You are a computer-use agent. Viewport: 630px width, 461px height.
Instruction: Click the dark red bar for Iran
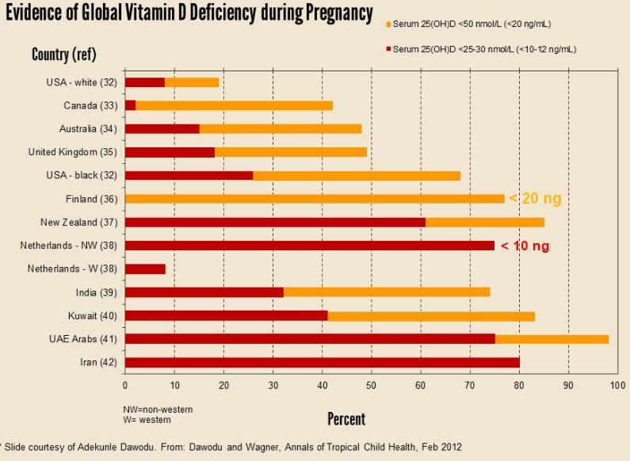pyautogui.click(x=322, y=362)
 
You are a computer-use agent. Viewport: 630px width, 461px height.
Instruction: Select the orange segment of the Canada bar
pyautogui.click(x=234, y=105)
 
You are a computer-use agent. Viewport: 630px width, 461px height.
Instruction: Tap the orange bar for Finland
pyautogui.click(x=315, y=199)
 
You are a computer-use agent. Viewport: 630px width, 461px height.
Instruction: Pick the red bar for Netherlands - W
pyautogui.click(x=145, y=269)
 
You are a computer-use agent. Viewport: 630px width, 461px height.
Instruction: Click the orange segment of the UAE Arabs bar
pyautogui.click(x=552, y=339)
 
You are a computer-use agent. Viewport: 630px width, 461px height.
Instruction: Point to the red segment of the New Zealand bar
pyautogui.click(x=275, y=222)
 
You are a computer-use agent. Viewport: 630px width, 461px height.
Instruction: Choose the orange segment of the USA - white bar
pyautogui.click(x=192, y=82)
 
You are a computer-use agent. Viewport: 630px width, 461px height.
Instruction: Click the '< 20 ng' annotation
pyautogui.click(x=535, y=199)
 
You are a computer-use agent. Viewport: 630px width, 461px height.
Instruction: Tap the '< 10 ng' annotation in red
pyautogui.click(x=525, y=246)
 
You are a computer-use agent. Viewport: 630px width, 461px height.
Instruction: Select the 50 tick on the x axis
pyautogui.click(x=371, y=386)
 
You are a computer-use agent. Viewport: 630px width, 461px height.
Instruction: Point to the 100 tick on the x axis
pyautogui.click(x=617, y=386)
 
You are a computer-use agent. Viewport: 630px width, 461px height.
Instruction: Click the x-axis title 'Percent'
pyautogui.click(x=346, y=418)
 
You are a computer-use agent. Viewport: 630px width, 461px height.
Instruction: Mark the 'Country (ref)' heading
pyautogui.click(x=63, y=55)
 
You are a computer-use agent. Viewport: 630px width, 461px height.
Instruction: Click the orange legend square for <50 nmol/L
pyautogui.click(x=388, y=24)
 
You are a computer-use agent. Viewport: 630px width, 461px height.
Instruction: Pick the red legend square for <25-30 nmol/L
pyautogui.click(x=388, y=49)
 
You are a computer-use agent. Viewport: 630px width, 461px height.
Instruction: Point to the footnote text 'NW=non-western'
pyautogui.click(x=158, y=410)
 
